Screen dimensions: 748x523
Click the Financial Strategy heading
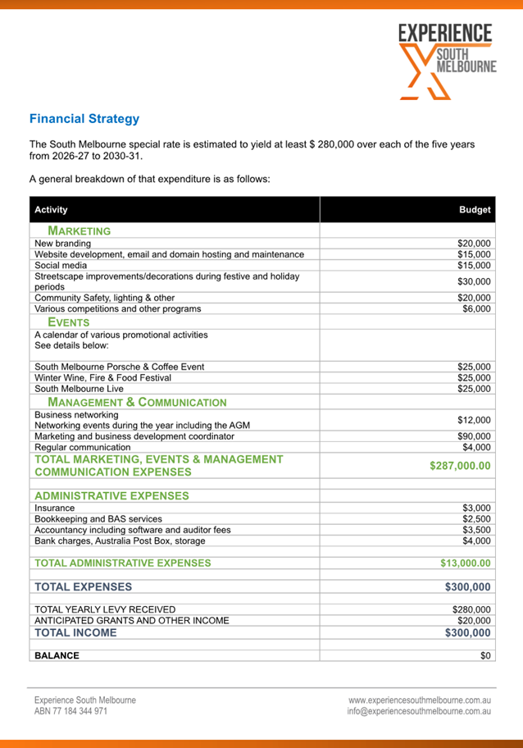click(x=84, y=119)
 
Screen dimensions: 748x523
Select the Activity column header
click(x=51, y=210)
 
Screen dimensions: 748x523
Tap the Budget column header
click(x=475, y=210)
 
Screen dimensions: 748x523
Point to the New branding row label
click(x=63, y=244)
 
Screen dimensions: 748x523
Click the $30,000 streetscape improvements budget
click(x=474, y=282)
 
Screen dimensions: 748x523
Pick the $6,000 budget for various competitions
click(x=476, y=309)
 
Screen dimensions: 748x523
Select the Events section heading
click(x=69, y=322)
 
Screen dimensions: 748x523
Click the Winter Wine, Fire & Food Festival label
click(x=102, y=378)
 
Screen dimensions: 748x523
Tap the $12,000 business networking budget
click(x=474, y=420)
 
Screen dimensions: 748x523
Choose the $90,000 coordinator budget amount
click(x=474, y=436)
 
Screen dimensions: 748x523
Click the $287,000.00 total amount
click(x=460, y=466)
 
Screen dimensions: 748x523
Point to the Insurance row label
click(x=54, y=509)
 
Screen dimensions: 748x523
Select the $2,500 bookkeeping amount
click(x=476, y=519)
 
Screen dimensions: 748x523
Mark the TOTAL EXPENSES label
click(x=83, y=587)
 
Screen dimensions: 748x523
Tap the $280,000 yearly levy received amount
click(x=471, y=609)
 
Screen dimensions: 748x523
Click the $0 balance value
click(x=485, y=656)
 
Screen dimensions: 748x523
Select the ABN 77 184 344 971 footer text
click(x=70, y=712)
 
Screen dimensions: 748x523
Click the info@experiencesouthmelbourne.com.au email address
click(x=419, y=712)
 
